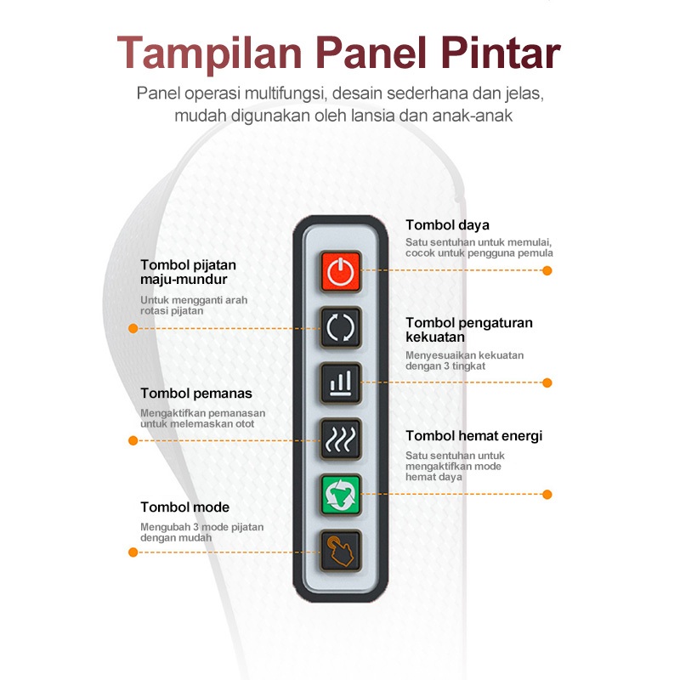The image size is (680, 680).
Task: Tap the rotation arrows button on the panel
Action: [340, 326]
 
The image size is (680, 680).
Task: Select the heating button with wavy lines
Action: [340, 438]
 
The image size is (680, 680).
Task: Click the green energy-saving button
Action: [340, 494]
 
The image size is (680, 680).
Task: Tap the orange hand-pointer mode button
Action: [340, 550]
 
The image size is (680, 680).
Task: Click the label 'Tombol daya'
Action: [447, 225]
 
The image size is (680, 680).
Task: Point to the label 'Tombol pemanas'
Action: [196, 394]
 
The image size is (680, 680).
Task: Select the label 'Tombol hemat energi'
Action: [473, 436]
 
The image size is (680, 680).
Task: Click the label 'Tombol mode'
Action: [184, 507]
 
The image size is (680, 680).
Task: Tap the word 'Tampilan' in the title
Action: [210, 53]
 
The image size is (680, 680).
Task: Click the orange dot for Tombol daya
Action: [547, 270]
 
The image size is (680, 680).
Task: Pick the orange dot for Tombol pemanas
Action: [133, 440]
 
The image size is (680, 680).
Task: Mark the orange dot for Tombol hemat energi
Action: [547, 494]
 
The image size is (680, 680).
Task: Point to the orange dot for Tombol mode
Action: [133, 552]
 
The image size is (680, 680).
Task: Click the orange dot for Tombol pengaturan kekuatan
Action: [547, 382]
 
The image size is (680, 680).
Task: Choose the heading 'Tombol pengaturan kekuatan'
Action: [469, 330]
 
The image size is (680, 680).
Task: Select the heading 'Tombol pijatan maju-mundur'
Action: [188, 272]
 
